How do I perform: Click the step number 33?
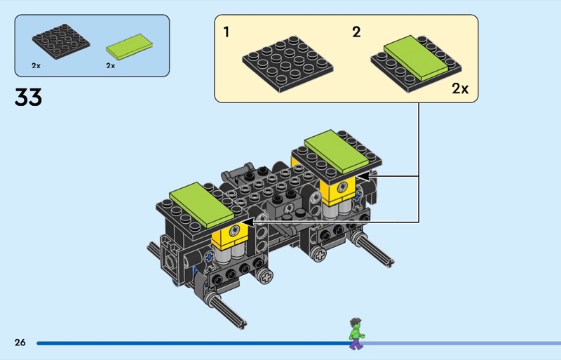coord(28,97)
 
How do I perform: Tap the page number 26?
coord(20,342)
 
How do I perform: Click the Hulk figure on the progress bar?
coord(356,334)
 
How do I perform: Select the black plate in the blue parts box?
coord(61,41)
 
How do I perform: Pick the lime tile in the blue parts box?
coord(129,46)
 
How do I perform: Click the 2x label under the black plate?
coord(36,65)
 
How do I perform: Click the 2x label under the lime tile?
coord(111,65)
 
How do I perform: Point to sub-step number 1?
coord(226,32)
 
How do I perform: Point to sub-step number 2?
coord(356,32)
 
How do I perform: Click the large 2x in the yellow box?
coord(460,88)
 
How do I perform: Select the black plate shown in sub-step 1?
coord(288,64)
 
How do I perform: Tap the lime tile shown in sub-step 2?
coord(416,58)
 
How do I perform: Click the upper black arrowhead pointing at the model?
coord(363,176)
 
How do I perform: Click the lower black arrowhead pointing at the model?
coord(248,222)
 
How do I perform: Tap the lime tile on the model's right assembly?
coord(337,152)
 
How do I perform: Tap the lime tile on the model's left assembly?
coord(202,205)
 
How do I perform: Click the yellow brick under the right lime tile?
coord(337,191)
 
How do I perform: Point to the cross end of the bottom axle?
coord(242,325)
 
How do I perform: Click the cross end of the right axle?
coord(389,263)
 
